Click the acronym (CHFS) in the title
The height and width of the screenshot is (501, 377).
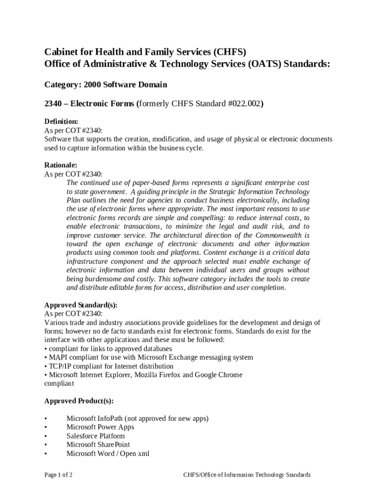(x=229, y=52)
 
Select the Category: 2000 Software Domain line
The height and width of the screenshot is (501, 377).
(x=106, y=85)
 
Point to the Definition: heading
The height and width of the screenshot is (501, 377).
(x=61, y=121)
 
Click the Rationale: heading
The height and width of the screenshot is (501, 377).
(x=61, y=165)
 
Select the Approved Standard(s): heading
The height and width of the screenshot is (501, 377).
(x=81, y=305)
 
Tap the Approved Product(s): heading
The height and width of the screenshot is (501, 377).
(x=79, y=401)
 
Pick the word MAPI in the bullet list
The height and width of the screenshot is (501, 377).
(x=58, y=357)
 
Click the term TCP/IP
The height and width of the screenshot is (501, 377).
(x=60, y=366)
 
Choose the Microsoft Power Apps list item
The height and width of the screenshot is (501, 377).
(x=100, y=427)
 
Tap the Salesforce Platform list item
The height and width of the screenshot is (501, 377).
(x=95, y=436)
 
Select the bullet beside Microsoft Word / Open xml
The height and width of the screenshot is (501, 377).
(x=46, y=454)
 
